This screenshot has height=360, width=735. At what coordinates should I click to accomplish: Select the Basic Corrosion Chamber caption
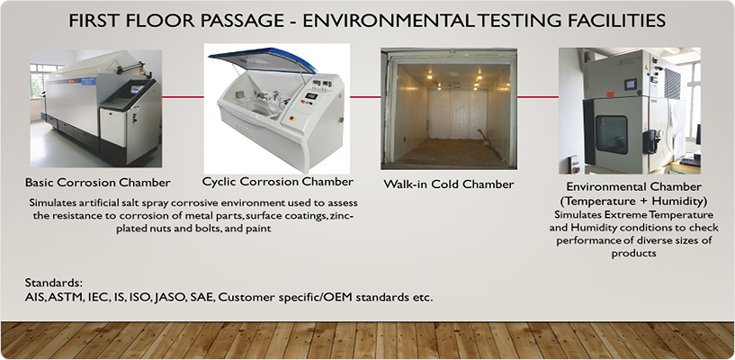(x=98, y=183)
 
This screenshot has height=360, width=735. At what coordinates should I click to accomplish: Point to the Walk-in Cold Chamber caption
(x=449, y=184)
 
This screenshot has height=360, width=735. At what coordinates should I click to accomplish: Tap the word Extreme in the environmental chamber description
(x=621, y=215)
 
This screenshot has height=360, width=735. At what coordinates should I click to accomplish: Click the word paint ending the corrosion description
(x=259, y=228)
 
